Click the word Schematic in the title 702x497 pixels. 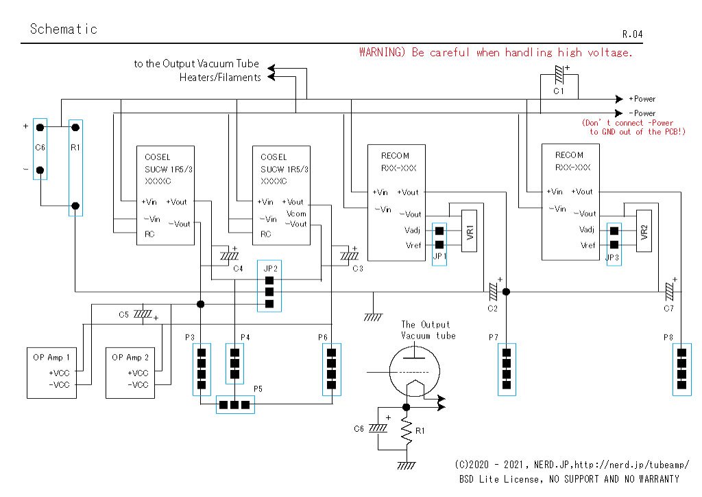point(64,29)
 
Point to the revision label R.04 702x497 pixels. point(632,34)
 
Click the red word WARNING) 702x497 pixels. point(382,52)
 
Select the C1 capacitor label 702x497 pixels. point(558,91)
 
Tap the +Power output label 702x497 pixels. point(642,99)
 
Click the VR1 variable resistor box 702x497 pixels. point(469,231)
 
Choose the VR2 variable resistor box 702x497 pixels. point(644,231)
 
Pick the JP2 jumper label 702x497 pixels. point(270,268)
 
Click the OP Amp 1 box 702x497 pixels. point(51,373)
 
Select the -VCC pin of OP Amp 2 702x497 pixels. point(137,384)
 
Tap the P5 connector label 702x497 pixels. point(258,389)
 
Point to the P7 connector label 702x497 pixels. point(494,337)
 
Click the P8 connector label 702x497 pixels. point(668,337)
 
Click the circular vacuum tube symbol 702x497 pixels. point(415,371)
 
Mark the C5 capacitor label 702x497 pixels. point(123,314)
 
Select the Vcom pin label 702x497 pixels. point(296,213)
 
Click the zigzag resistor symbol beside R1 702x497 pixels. point(406,431)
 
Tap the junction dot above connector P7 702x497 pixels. point(507,292)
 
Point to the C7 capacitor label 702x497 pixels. point(668,308)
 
